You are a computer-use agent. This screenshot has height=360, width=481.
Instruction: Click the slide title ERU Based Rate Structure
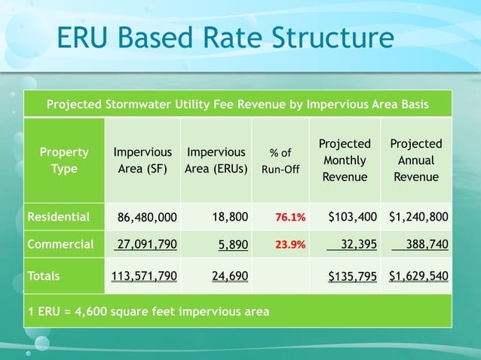click(225, 38)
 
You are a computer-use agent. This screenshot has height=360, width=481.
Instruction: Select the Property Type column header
click(64, 160)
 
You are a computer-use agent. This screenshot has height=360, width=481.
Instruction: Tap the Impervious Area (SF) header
click(142, 160)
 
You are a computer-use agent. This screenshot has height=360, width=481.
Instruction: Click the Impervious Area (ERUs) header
click(217, 160)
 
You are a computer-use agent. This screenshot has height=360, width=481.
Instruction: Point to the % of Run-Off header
click(280, 161)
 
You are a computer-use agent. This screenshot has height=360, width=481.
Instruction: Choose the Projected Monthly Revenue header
click(345, 160)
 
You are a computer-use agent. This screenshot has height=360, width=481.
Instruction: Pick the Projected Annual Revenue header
click(416, 160)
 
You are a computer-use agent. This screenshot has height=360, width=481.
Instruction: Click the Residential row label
click(58, 218)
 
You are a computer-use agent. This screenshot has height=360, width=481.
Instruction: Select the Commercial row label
click(60, 244)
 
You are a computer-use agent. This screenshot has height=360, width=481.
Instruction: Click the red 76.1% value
click(290, 218)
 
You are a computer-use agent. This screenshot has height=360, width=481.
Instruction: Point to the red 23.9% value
click(290, 245)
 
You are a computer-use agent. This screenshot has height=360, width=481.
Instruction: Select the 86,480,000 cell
click(147, 218)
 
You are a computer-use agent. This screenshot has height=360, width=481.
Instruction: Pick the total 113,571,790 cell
click(144, 276)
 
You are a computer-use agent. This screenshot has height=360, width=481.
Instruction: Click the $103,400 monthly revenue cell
click(353, 218)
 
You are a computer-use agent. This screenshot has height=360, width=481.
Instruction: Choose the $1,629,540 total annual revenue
click(418, 276)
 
